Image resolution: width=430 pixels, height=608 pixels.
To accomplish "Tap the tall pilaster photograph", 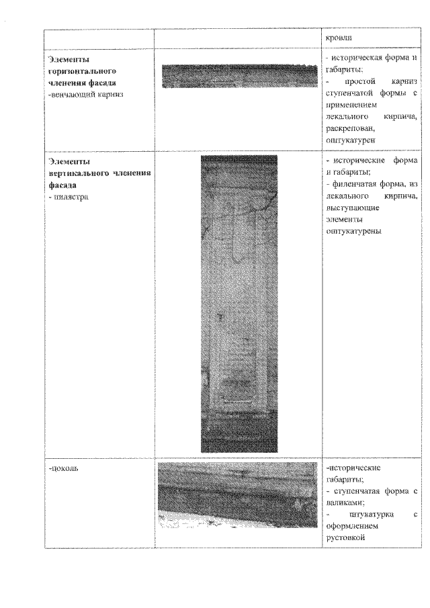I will pyautogui.click(x=239, y=304).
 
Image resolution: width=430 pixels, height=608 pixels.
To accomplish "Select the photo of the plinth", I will pyautogui.click(x=237, y=494).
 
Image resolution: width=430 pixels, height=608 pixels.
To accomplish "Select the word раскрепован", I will pyautogui.click(x=349, y=128).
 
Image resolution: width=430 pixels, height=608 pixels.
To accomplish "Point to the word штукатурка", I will pyautogui.click(x=365, y=514).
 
